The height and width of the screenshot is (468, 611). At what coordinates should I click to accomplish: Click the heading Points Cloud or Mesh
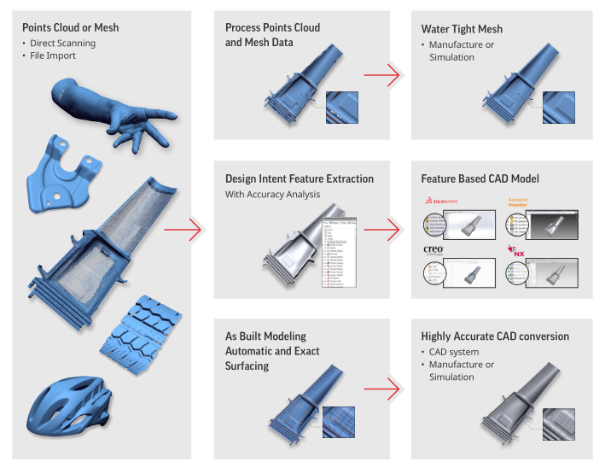click(71, 27)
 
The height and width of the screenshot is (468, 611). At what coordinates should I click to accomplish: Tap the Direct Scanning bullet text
click(62, 43)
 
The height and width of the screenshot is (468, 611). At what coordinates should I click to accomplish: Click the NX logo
click(516, 251)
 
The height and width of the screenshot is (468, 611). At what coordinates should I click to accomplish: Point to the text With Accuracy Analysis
click(272, 194)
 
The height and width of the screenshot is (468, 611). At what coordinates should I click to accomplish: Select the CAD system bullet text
click(453, 352)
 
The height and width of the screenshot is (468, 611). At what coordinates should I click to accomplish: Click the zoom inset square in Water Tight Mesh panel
click(559, 108)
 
